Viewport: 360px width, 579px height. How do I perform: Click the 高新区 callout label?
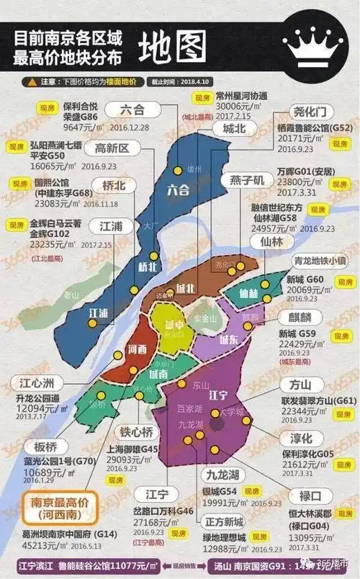point(112,149)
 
